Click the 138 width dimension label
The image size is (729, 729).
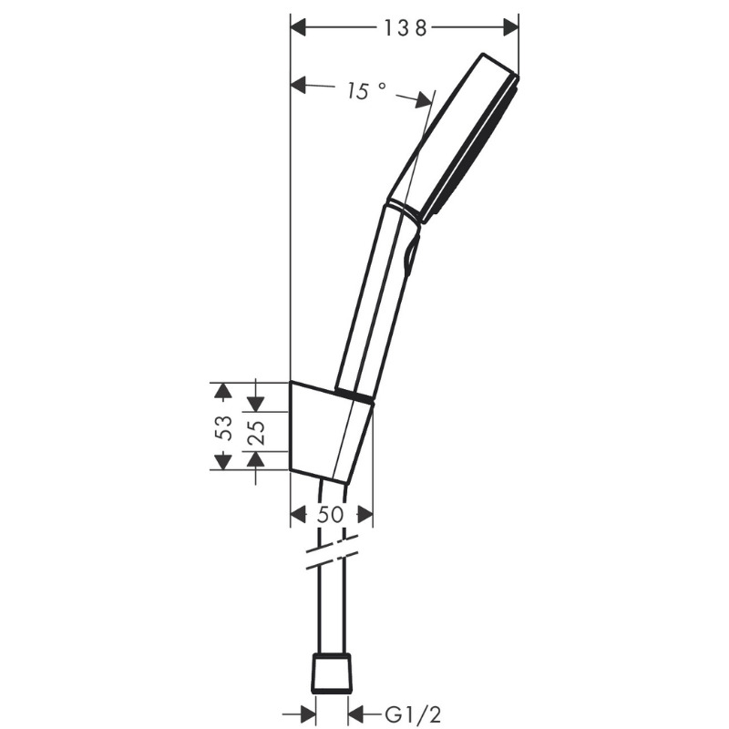click(x=405, y=28)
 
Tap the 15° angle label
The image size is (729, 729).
click(x=366, y=91)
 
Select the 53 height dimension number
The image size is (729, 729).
click(x=225, y=427)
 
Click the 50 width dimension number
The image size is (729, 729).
click(x=331, y=515)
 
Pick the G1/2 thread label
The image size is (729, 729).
click(x=413, y=715)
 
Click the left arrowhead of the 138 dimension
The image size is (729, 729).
click(x=299, y=28)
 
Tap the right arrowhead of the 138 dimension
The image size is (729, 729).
click(x=510, y=28)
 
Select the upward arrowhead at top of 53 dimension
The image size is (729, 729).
click(x=222, y=391)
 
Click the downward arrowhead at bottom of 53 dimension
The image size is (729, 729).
click(x=222, y=461)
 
